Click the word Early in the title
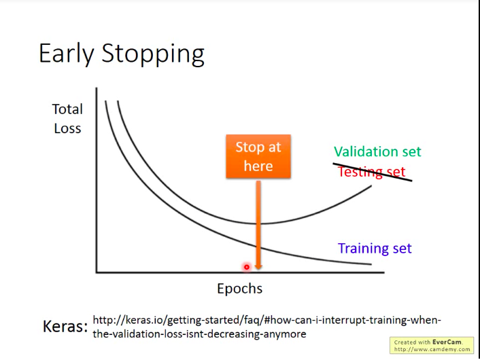pos(66,54)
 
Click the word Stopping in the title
pos(153,54)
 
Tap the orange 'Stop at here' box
pos(258,156)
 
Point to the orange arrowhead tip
pos(258,270)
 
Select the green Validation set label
pos(377,151)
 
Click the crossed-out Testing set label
pos(372,172)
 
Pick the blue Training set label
pos(375,248)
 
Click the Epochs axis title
pos(240,289)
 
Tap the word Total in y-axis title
pos(67,109)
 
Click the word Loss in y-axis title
pos(68,128)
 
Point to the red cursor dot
pos(247,267)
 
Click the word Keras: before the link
pos(65,326)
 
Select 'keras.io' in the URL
pos(145,320)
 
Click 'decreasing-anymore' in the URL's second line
pos(256,334)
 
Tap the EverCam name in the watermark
pos(447,342)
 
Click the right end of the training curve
pos(371,264)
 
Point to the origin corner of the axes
pos(97,272)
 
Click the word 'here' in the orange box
pos(258,166)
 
